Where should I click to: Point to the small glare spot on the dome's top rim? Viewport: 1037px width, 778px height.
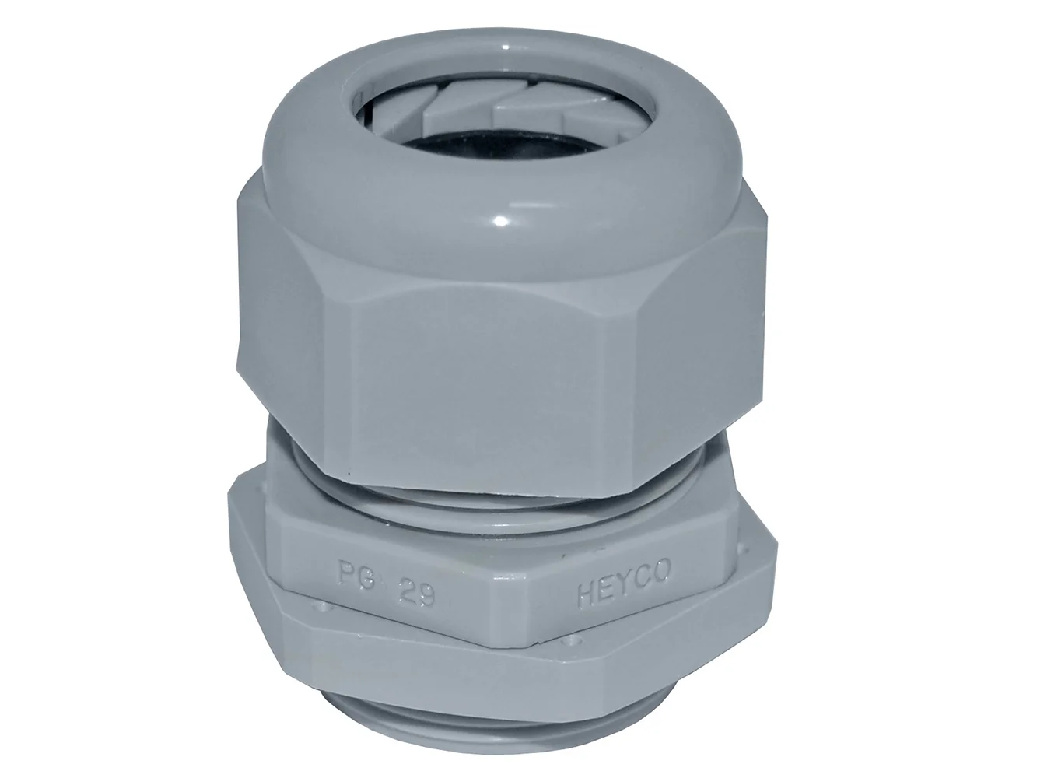point(505,47)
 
